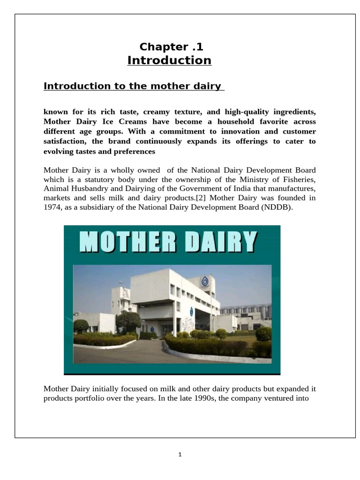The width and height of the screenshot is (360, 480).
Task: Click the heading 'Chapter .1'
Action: click(171, 46)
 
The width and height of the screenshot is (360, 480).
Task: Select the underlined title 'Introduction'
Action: click(169, 60)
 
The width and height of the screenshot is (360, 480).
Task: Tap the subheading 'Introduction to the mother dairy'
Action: click(132, 86)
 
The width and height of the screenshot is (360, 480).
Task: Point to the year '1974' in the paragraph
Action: click(51, 207)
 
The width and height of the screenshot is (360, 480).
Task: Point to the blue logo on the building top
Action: click(205, 281)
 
